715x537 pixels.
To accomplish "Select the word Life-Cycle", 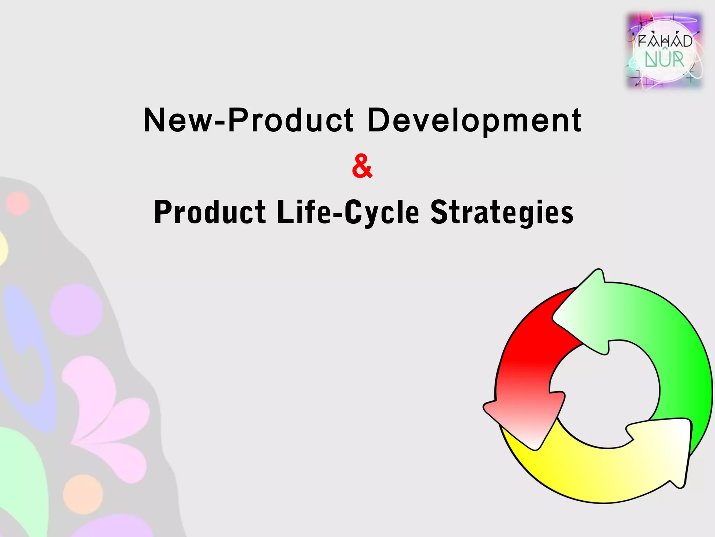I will tap(347, 212).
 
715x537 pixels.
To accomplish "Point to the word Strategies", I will tap(502, 212).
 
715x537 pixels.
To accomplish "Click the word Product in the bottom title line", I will tap(210, 212).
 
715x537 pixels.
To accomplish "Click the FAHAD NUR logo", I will tap(664, 51).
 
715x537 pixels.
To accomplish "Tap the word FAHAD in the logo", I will tap(665, 41).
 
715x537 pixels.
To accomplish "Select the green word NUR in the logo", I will tap(664, 60).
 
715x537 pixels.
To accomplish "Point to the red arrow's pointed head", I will tap(524, 420).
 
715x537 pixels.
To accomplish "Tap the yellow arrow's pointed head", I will tap(663, 451).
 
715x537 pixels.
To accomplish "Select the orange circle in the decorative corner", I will tap(83, 494).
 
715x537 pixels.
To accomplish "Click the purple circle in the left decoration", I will tap(76, 310).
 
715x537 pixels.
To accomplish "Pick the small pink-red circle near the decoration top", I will tap(17, 204).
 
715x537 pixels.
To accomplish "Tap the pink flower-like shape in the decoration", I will tap(105, 420).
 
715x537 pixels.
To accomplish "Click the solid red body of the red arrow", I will tap(531, 336).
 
